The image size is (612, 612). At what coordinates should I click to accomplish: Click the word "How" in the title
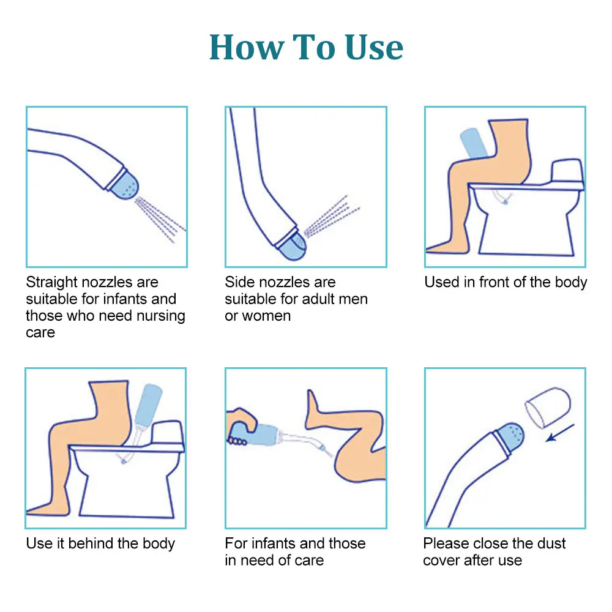[x=247, y=47]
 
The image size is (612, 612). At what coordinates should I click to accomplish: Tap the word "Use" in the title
[x=374, y=47]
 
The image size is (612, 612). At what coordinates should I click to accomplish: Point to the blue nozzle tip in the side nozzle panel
[x=292, y=245]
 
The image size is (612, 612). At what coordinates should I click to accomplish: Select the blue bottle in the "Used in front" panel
[x=474, y=143]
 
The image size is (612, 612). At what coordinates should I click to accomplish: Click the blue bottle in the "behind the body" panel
[x=148, y=405]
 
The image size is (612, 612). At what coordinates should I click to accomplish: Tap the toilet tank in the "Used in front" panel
[x=567, y=171]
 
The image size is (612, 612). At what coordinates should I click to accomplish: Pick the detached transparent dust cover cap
[x=548, y=408]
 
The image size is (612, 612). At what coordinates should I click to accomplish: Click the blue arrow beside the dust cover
[x=560, y=433]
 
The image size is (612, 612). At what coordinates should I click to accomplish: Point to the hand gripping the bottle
[x=240, y=426]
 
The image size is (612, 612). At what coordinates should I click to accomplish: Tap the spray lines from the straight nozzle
[x=160, y=218]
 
